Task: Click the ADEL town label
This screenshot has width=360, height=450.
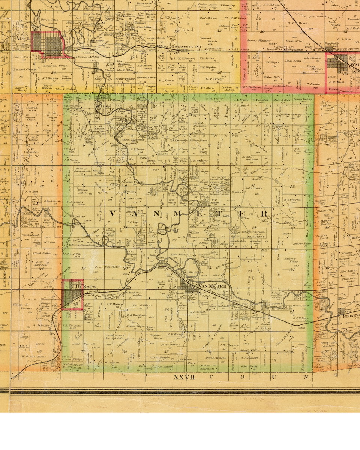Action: coord(22,38)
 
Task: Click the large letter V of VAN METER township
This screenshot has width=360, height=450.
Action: coord(113,214)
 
